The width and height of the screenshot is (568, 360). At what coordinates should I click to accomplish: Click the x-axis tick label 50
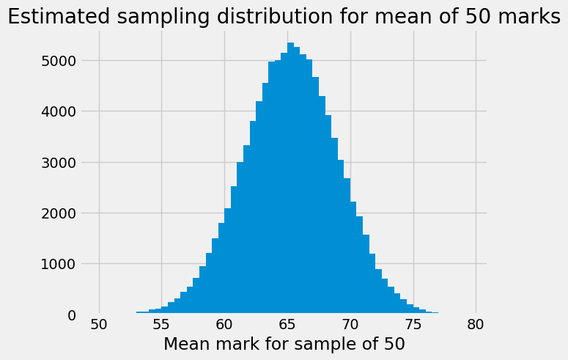(99, 324)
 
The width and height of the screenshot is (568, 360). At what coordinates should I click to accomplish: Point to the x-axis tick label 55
(161, 324)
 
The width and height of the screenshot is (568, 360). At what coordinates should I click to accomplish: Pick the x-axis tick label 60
(224, 324)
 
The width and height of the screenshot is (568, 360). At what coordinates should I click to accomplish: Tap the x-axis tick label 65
(287, 324)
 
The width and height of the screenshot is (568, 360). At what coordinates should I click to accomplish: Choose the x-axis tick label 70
(350, 324)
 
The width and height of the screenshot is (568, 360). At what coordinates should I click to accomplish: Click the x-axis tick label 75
(413, 324)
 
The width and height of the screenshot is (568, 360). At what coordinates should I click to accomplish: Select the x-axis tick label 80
(476, 324)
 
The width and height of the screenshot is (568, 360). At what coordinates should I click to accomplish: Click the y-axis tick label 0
(71, 315)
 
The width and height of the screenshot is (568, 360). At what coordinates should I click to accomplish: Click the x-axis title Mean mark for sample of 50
(284, 344)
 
